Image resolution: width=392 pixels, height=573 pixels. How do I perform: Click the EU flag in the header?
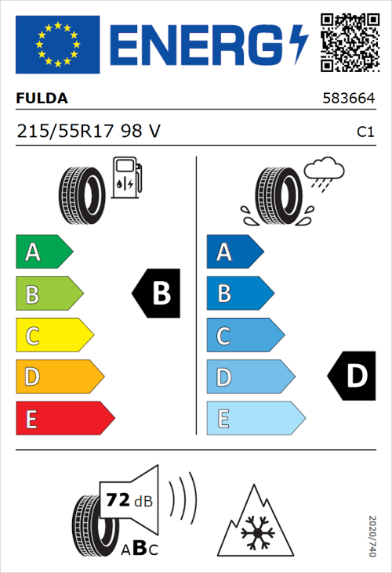pos(57,45)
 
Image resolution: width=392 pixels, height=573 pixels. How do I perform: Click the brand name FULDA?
pos(42,99)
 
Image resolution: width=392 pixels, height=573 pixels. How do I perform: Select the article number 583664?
pos(350,99)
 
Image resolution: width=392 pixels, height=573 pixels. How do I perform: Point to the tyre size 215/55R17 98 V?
pos(89,132)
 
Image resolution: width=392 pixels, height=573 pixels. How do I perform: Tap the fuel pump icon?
pos(125,178)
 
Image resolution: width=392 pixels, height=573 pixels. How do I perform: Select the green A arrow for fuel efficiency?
pos(43,252)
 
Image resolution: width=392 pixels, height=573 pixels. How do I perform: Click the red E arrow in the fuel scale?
pos(64,420)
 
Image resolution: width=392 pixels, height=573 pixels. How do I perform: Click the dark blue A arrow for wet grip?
pos(234,252)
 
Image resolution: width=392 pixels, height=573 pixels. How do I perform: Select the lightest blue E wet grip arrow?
pos(255,420)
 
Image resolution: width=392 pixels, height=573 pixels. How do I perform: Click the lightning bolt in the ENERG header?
pos(299,45)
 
